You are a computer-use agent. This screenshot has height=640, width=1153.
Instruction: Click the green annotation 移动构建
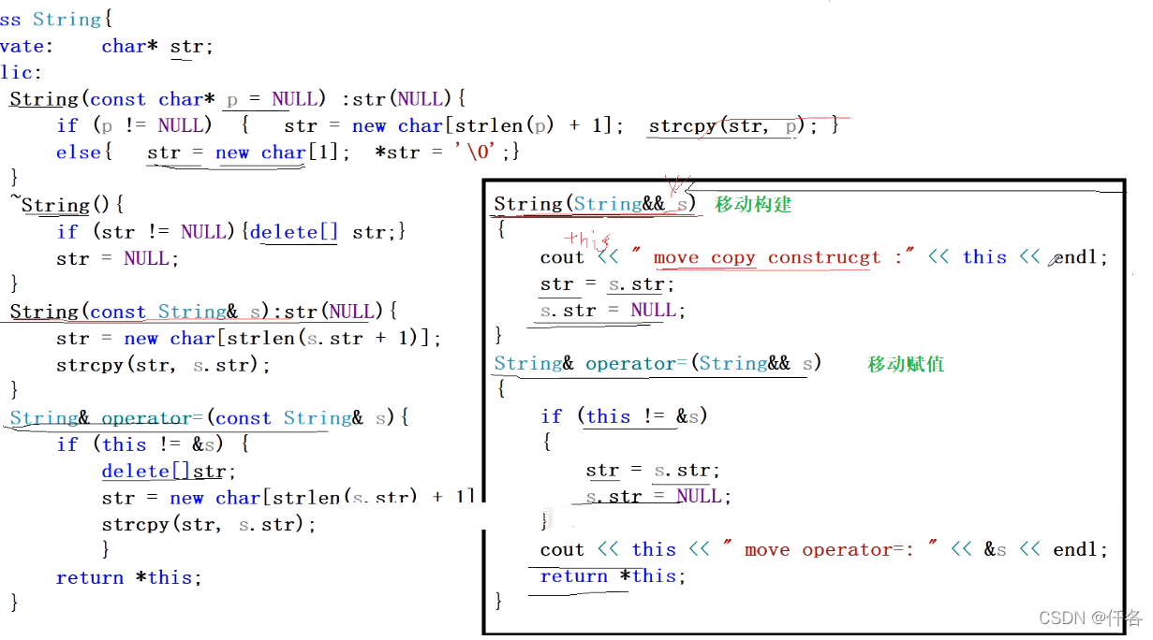click(753, 204)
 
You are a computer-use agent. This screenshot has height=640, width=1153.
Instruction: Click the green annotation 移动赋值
click(905, 364)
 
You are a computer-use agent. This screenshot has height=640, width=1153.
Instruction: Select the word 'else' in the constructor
click(78, 152)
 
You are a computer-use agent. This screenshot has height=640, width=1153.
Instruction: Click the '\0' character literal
click(490, 152)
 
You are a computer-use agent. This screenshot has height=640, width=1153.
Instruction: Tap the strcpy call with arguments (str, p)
click(722, 125)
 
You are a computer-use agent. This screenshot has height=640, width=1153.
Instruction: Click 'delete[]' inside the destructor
click(293, 231)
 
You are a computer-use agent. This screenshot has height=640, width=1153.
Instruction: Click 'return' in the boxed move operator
click(573, 576)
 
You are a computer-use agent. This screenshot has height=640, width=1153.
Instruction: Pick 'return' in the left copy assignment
click(89, 577)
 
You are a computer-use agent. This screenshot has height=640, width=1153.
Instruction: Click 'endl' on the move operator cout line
click(1080, 549)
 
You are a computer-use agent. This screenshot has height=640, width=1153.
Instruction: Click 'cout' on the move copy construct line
click(562, 257)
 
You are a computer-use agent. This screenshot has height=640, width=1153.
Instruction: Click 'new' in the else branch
click(232, 152)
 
